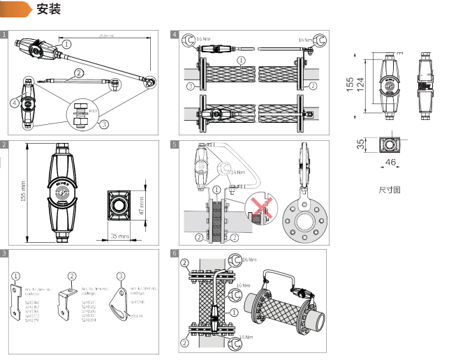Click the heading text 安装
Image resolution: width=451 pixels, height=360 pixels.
click(48, 9)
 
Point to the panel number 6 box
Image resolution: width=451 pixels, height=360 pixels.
click(175, 253)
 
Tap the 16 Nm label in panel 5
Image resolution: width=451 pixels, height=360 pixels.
click(239, 172)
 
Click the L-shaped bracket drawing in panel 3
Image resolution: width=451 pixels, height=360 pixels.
click(68, 302)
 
